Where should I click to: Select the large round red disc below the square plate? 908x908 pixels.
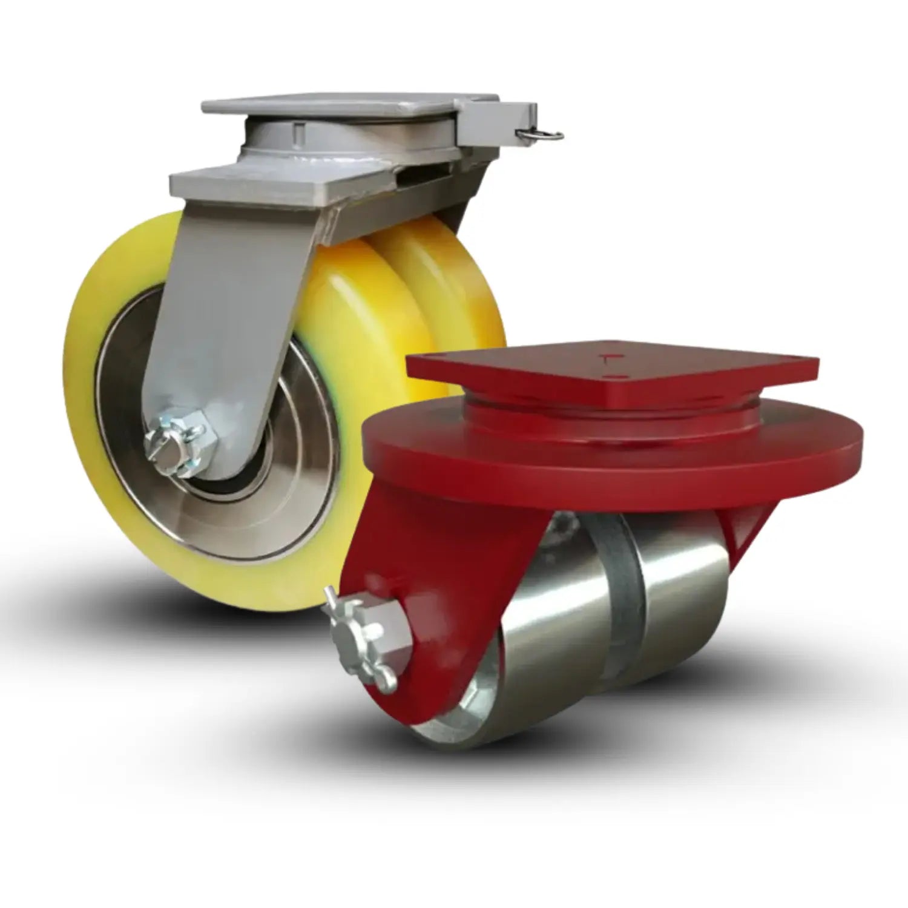tap(611, 451)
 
